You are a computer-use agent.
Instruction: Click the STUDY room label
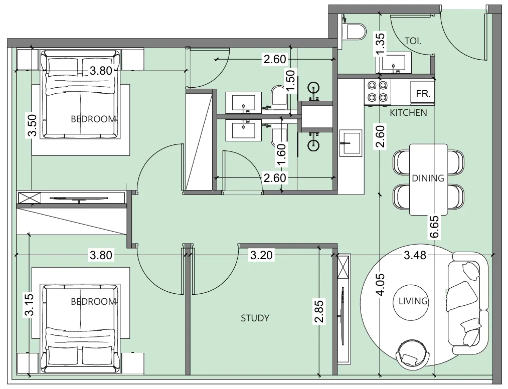[255, 318]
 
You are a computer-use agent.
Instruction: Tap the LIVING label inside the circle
[413, 301]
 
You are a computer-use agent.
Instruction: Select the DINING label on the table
[428, 178]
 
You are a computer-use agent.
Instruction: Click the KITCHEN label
[408, 113]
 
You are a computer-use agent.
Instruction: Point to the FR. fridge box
[422, 93]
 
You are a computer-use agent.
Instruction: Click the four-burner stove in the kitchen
[378, 92]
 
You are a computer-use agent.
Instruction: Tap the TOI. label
[413, 41]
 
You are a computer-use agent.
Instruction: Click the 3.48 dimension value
[415, 255]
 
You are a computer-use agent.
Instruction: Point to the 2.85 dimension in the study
[319, 312]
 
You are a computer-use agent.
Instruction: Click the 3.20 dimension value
[261, 255]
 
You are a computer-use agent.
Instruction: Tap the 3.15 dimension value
[30, 304]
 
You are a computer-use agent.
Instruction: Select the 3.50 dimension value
[32, 125]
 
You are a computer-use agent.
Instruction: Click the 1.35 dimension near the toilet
[380, 44]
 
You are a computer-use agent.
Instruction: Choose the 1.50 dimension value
[291, 81]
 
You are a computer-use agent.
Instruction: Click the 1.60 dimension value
[281, 155]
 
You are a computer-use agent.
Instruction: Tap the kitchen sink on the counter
[351, 143]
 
